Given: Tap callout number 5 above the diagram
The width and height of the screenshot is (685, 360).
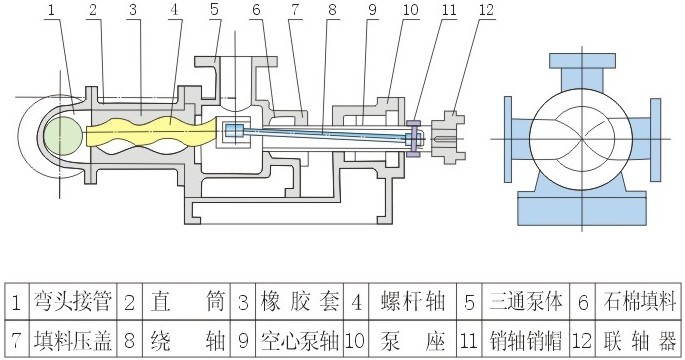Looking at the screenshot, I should pyautogui.click(x=214, y=11).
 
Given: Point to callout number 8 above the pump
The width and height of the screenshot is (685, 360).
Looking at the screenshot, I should pyautogui.click(x=333, y=11).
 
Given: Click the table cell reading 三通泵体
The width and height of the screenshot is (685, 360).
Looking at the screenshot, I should pyautogui.click(x=528, y=301).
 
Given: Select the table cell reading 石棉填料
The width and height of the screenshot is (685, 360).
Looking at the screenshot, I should pyautogui.click(x=640, y=301).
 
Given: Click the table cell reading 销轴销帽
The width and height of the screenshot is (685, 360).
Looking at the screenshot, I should pyautogui.click(x=528, y=338).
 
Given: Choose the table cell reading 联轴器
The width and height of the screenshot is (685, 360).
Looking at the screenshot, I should pyautogui.click(x=640, y=338).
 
